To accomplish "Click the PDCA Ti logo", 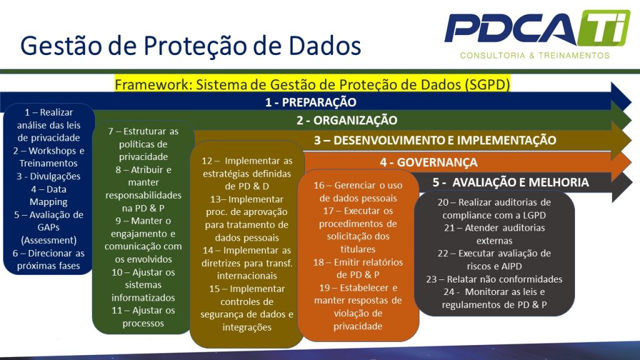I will pyautogui.click(x=537, y=29).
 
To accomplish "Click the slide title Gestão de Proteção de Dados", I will pyautogui.click(x=191, y=46).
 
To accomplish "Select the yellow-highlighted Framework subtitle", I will pyautogui.click(x=312, y=84).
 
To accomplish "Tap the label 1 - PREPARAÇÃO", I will pyautogui.click(x=311, y=102).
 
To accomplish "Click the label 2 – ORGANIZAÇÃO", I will pyautogui.click(x=347, y=121).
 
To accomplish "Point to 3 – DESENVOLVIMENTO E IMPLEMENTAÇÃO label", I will pyautogui.click(x=435, y=141).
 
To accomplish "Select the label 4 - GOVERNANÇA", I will pyautogui.click(x=429, y=162).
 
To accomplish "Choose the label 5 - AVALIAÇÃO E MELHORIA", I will pyautogui.click(x=511, y=182).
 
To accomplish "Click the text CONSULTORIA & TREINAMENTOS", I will pyautogui.click(x=534, y=56).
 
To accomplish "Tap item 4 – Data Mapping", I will pyautogui.click(x=48, y=196).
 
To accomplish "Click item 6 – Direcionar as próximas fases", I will pyautogui.click(x=49, y=259).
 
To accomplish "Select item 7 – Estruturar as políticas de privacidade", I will pyautogui.click(x=143, y=144).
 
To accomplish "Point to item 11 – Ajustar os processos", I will pyautogui.click(x=143, y=316).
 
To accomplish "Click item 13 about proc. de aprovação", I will pyautogui.click(x=247, y=218).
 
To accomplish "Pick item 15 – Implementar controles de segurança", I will pyautogui.click(x=247, y=307).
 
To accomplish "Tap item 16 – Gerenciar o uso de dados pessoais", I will pyautogui.click(x=358, y=192).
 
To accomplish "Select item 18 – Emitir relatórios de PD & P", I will pyautogui.click(x=358, y=268).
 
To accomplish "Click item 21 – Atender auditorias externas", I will pyautogui.click(x=494, y=234).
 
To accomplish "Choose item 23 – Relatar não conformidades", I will pyautogui.click(x=494, y=279).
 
